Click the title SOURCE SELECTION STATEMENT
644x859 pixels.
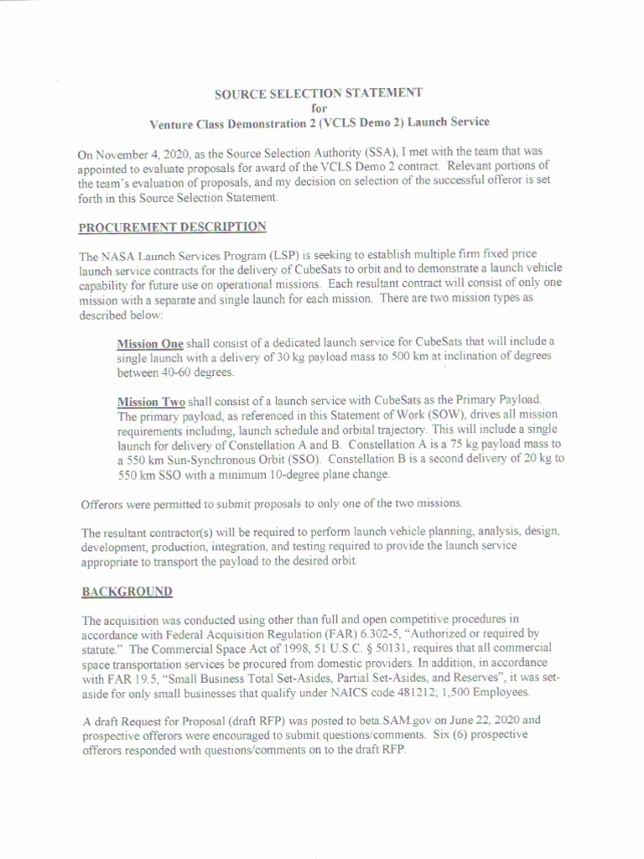pos(319,92)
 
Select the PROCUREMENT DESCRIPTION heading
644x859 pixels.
pos(172,226)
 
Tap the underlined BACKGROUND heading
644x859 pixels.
pos(127,591)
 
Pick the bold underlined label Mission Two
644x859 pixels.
pos(151,401)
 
